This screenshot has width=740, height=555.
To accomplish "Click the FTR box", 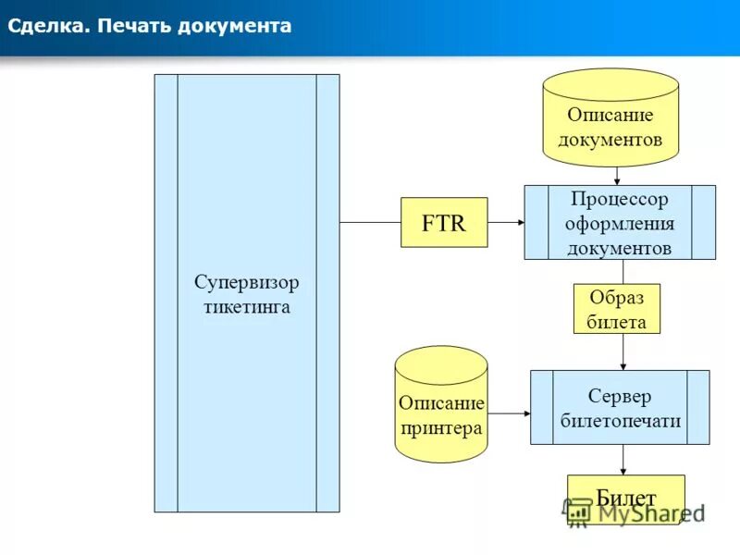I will click(x=443, y=223).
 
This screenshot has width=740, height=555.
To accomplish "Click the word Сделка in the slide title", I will click(x=46, y=26).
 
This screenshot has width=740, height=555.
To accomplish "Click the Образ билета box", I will click(x=616, y=309).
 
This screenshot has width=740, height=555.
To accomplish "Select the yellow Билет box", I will click(x=625, y=499).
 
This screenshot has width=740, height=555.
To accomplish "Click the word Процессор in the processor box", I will click(x=619, y=198).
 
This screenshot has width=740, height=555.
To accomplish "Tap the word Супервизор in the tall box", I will click(x=246, y=282).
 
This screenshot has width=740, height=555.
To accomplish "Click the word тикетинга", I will click(x=246, y=306).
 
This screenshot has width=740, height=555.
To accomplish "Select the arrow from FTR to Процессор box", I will click(x=505, y=223).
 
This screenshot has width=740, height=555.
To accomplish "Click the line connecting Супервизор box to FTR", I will click(x=370, y=223).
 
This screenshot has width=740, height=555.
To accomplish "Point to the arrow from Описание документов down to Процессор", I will click(x=617, y=176).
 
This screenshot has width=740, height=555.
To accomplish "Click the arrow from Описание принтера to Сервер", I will click(x=509, y=413).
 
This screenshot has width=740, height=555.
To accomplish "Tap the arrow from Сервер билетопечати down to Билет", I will click(x=623, y=460).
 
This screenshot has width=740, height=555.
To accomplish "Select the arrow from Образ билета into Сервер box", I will click(x=623, y=352).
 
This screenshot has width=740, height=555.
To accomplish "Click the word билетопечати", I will click(x=621, y=421).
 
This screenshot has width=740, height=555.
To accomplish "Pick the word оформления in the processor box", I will click(x=619, y=223).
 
